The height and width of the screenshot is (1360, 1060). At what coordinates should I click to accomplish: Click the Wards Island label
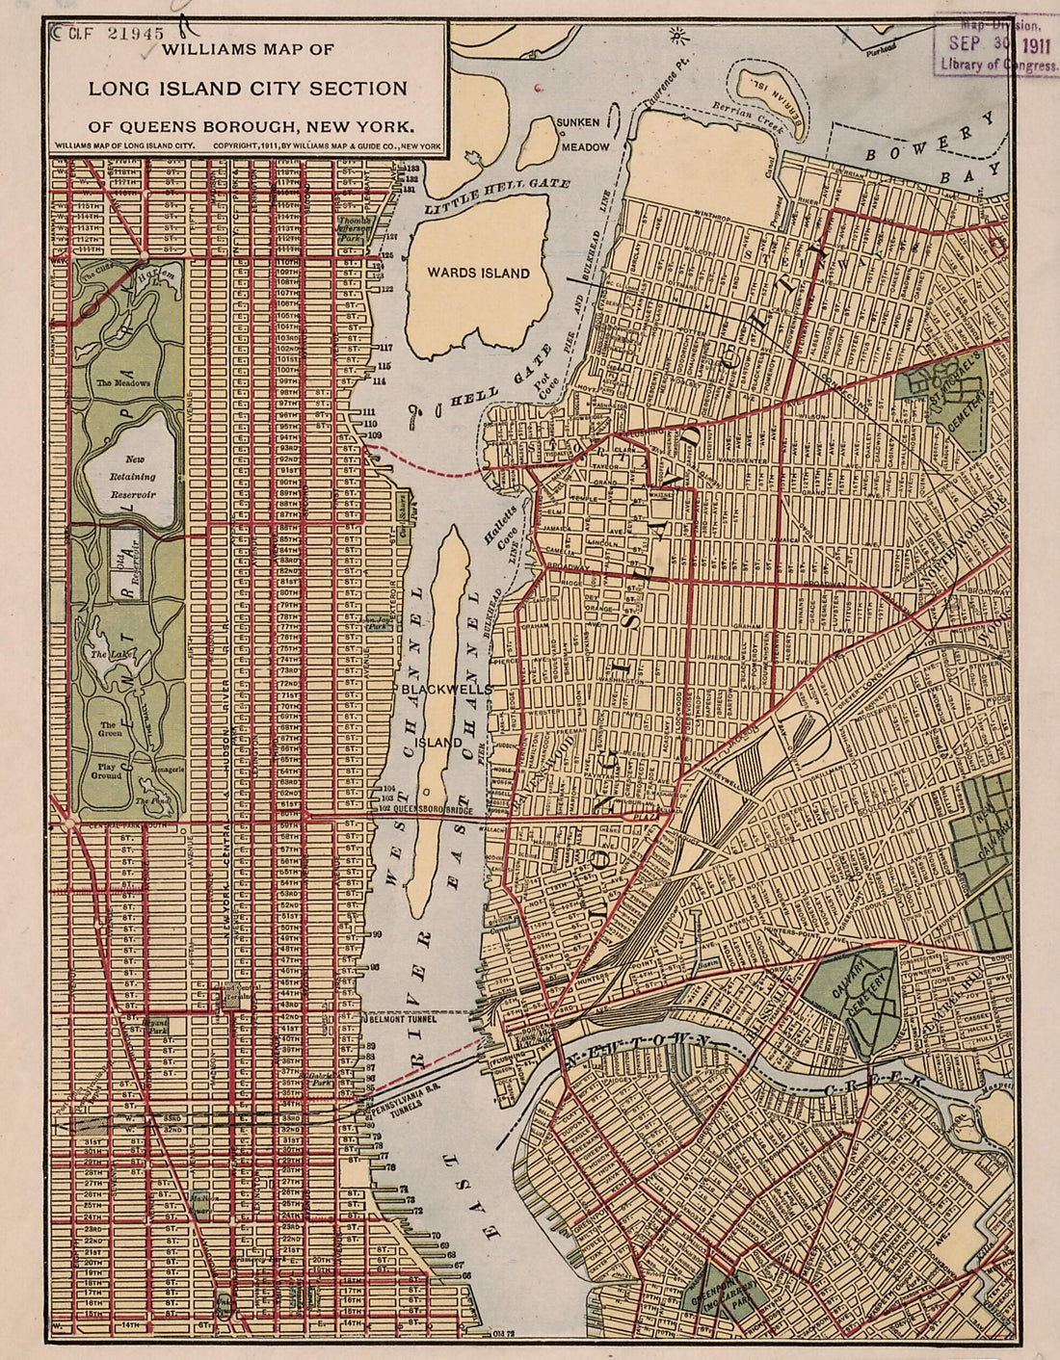coord(479,273)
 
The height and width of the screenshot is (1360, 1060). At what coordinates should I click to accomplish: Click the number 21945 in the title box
coord(136,33)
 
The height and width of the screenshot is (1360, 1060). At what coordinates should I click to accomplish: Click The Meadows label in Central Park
coord(123,383)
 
